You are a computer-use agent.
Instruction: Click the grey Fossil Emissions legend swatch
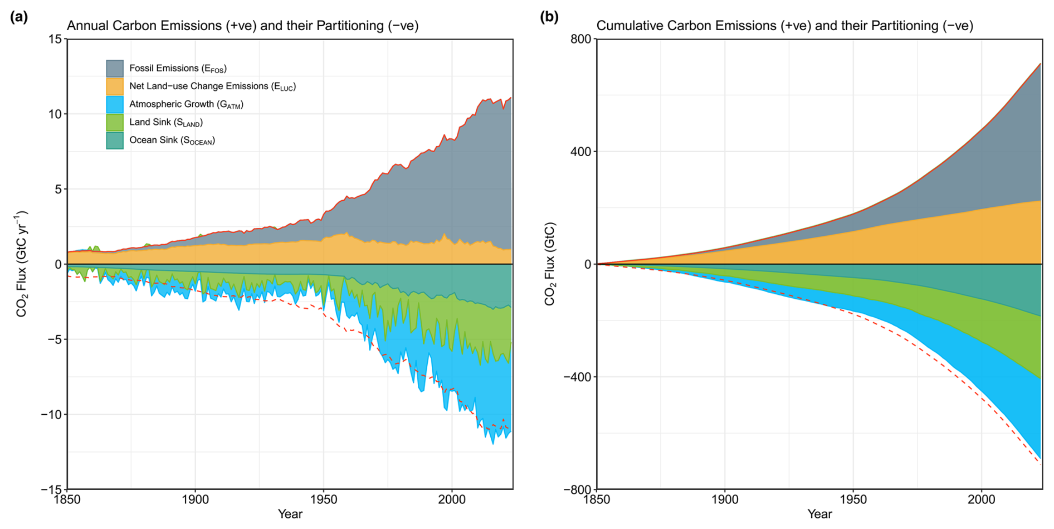pyautogui.click(x=115, y=68)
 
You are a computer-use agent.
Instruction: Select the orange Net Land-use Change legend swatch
pyautogui.click(x=115, y=86)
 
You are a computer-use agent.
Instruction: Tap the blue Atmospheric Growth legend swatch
pyautogui.click(x=115, y=104)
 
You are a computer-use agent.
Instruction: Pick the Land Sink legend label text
pyautogui.click(x=166, y=123)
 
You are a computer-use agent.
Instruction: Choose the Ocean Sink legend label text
pyautogui.click(x=172, y=140)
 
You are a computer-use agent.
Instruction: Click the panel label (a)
pyautogui.click(x=19, y=17)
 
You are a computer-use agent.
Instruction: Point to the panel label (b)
pyautogui.click(x=549, y=17)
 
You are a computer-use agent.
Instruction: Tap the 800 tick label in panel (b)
pyautogui.click(x=580, y=39)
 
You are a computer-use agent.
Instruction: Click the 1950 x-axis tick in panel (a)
pyautogui.click(x=324, y=499)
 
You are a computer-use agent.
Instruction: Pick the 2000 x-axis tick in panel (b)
pyautogui.click(x=981, y=499)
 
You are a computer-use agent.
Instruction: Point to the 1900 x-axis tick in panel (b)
pyautogui.click(x=725, y=499)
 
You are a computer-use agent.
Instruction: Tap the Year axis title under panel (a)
pyautogui.click(x=290, y=514)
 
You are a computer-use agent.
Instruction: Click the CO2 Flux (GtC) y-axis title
pyautogui.click(x=550, y=264)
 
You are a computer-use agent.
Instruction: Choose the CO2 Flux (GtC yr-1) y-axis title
pyautogui.click(x=22, y=264)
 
